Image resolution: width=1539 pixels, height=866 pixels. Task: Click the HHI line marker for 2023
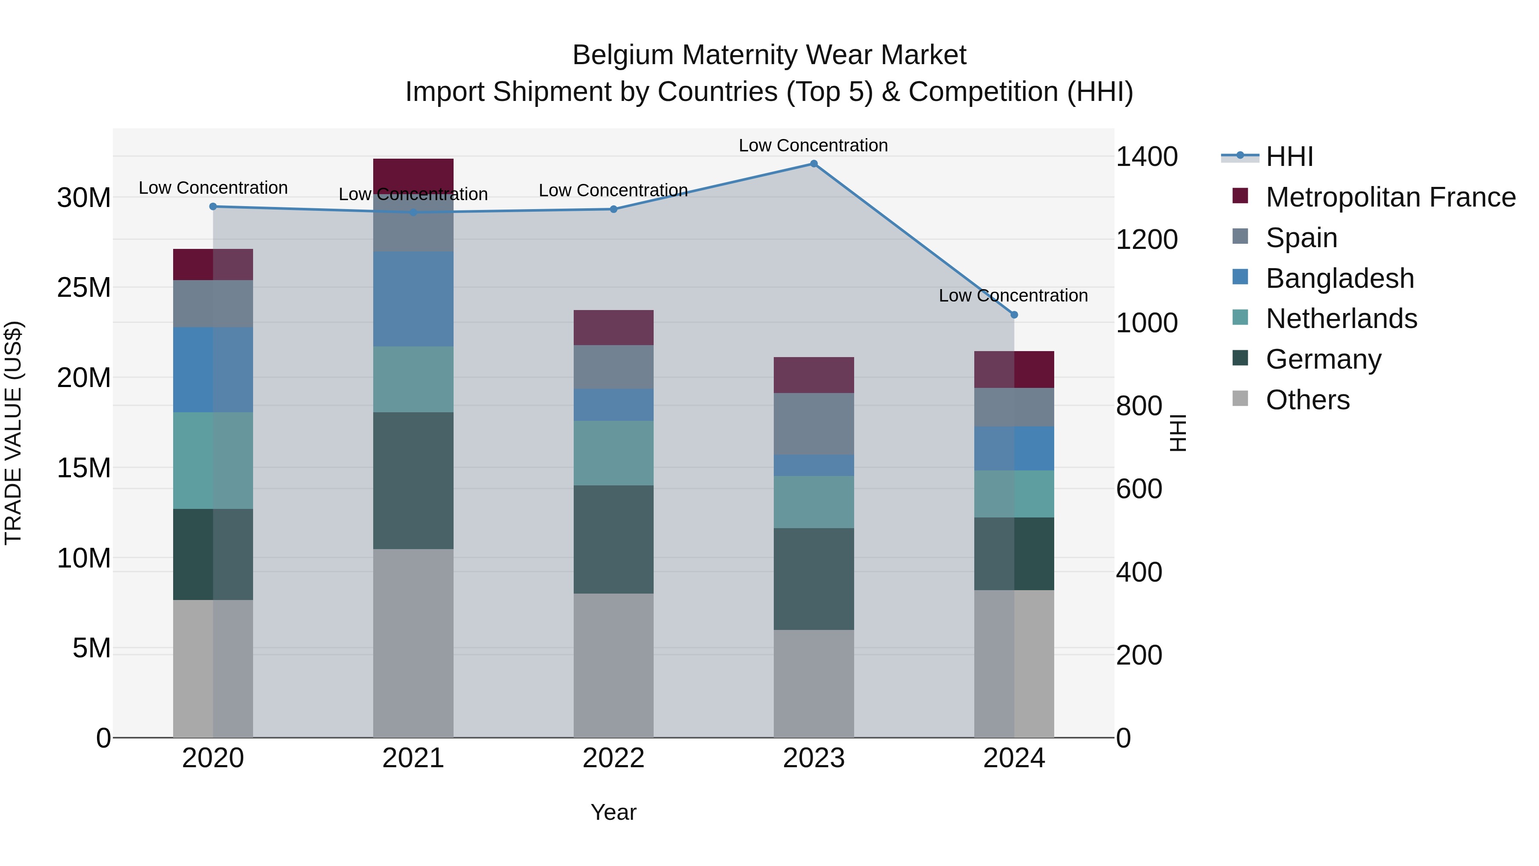tap(813, 164)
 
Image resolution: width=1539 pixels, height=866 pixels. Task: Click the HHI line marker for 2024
tap(1014, 314)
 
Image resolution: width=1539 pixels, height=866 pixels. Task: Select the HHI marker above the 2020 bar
tap(213, 206)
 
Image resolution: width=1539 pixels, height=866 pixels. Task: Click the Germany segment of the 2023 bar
tap(813, 579)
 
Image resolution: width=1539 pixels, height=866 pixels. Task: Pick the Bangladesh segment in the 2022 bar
tap(613, 405)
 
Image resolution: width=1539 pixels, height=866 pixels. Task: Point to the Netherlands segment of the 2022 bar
tap(613, 452)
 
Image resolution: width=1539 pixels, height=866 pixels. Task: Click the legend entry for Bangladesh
tap(1339, 278)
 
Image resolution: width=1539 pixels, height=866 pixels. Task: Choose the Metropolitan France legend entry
tap(1390, 197)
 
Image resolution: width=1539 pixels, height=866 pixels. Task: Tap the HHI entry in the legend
tap(1289, 157)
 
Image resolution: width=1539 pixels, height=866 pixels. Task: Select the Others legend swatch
tap(1240, 399)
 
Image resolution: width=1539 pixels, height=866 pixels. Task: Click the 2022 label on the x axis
tap(613, 758)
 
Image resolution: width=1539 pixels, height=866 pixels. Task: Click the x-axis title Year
tap(613, 812)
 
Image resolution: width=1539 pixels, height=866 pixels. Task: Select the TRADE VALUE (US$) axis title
tap(13, 433)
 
